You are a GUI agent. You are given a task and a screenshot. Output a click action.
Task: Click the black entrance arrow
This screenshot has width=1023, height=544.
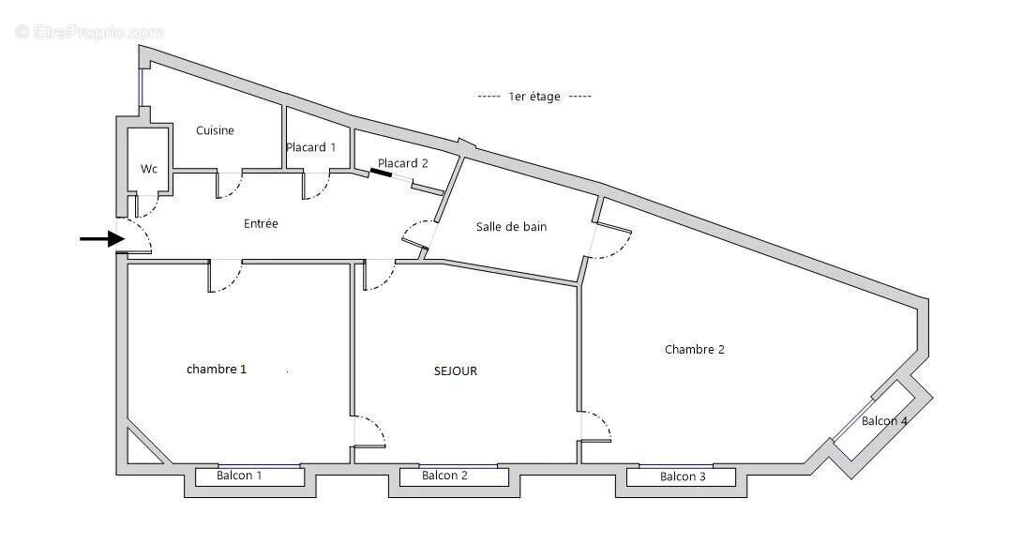(x=101, y=239)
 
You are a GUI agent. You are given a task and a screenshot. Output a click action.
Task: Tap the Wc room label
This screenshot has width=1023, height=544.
(x=149, y=169)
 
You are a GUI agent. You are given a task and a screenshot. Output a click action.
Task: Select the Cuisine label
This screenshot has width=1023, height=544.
(x=215, y=130)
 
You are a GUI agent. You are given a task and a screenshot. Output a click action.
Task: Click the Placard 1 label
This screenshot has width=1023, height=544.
(x=311, y=147)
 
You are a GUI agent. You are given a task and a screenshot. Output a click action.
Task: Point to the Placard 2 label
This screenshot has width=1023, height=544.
(x=403, y=163)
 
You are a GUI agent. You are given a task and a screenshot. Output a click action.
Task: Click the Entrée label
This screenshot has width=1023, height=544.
(x=261, y=223)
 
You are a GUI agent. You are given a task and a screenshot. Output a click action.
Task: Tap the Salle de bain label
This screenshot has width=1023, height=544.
(x=511, y=227)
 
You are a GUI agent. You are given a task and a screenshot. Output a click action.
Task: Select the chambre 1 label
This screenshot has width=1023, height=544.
(x=217, y=369)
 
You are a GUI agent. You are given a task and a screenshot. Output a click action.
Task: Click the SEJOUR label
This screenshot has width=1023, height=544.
(x=456, y=370)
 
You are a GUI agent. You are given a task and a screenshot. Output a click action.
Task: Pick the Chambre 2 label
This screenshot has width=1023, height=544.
(x=695, y=350)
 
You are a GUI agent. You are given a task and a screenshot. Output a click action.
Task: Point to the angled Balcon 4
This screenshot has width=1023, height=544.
(x=884, y=421)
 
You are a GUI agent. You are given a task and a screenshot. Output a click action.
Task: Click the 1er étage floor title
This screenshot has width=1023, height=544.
(x=534, y=96)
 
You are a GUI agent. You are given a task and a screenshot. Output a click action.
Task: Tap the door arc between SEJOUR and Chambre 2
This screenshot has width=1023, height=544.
(x=597, y=427)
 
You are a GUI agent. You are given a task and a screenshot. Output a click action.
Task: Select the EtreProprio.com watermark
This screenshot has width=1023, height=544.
(x=90, y=32)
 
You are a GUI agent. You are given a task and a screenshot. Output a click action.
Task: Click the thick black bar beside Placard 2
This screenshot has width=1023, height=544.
(x=381, y=173)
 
